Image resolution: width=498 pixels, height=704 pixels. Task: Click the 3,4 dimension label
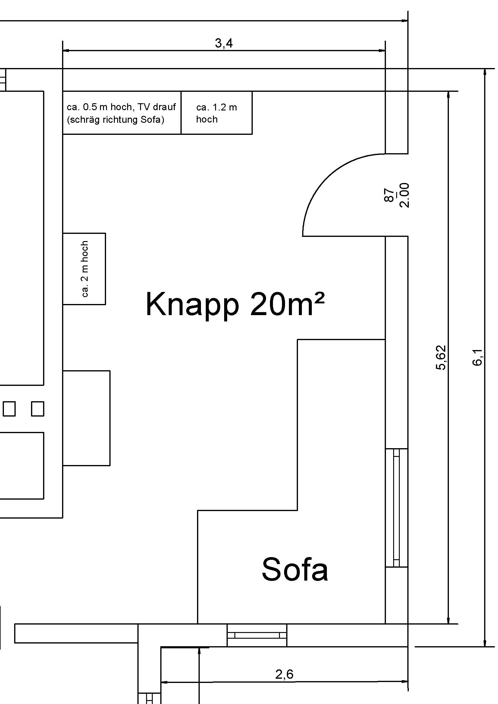tap(224, 43)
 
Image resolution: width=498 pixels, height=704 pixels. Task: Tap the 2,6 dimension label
tap(284, 674)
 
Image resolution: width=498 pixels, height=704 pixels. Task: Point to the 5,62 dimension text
tap(441, 358)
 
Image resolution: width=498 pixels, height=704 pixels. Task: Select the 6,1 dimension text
tap(477, 358)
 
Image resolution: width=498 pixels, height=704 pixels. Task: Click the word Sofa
tap(295, 569)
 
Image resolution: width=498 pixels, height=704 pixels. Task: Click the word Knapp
tap(192, 305)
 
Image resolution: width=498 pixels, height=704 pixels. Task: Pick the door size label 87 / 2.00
tap(396, 195)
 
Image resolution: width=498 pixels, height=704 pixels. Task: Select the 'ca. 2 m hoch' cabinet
tap(84, 268)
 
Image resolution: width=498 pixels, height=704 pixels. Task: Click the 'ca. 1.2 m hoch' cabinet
tap(217, 113)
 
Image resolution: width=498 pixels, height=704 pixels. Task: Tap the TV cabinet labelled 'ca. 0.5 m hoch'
tap(122, 113)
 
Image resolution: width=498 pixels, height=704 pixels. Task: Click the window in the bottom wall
tap(257, 635)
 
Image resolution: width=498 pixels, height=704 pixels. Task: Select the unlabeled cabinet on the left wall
tap(86, 418)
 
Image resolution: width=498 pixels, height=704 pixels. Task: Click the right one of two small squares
tap(37, 409)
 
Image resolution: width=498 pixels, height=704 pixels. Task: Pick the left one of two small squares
tap(9, 409)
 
